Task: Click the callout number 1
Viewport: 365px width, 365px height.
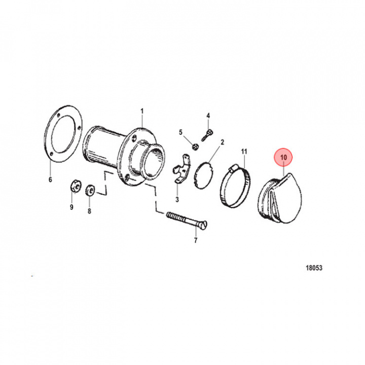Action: click(142, 111)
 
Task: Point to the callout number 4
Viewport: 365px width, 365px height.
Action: click(208, 116)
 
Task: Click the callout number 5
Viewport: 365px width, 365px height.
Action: click(180, 132)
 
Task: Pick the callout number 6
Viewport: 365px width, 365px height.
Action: click(50, 179)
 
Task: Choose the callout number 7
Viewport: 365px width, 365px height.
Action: click(196, 240)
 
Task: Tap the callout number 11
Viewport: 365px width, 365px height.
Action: click(243, 152)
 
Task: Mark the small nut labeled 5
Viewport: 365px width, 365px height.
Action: click(194, 147)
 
